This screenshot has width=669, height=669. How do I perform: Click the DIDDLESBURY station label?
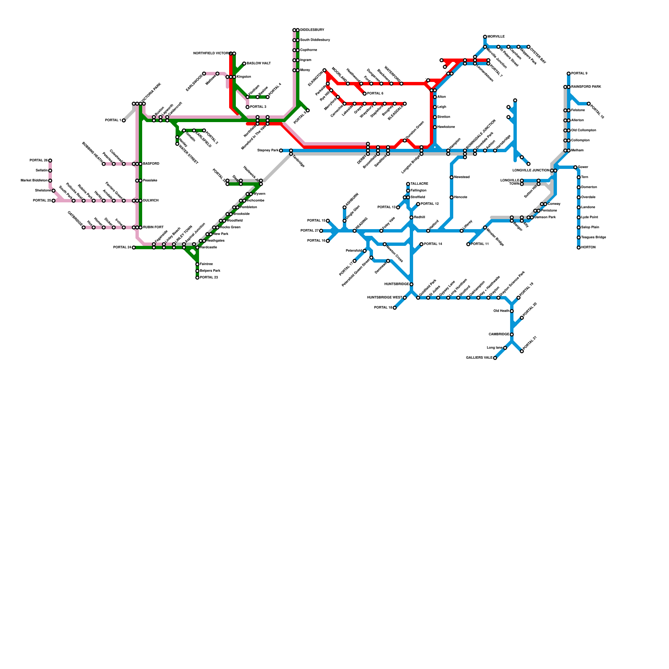tap(312, 30)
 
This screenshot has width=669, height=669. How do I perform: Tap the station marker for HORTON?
tap(579, 248)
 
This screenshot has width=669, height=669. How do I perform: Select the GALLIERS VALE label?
tap(479, 358)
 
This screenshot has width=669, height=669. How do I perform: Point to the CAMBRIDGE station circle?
tap(512, 334)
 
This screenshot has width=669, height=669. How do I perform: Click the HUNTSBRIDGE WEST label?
tap(385, 298)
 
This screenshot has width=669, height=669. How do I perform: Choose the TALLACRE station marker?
tap(408, 184)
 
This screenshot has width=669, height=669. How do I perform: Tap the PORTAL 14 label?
tap(433, 244)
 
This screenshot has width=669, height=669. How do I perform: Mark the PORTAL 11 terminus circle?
tap(468, 244)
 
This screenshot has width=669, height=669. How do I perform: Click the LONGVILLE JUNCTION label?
tap(531, 171)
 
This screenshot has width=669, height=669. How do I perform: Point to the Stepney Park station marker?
tap(281, 151)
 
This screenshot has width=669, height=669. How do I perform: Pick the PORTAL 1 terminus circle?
tap(124, 120)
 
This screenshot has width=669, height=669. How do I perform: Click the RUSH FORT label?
tap(153, 227)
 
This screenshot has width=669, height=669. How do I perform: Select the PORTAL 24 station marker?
tap(134, 248)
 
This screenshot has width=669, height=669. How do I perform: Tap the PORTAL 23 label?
tap(209, 278)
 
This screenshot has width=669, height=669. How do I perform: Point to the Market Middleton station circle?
tap(50, 181)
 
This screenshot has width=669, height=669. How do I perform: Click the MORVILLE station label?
tap(496, 37)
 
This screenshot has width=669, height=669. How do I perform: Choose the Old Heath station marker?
tap(512, 311)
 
